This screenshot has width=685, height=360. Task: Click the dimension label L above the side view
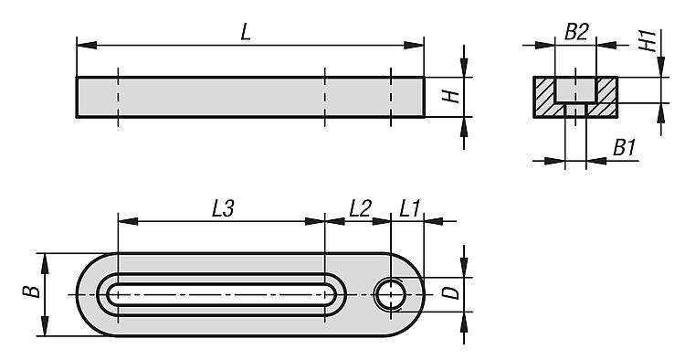click(246, 32)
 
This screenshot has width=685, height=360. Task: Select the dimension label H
click(451, 97)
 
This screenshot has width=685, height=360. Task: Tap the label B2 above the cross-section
click(576, 32)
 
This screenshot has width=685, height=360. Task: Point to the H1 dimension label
click(648, 40)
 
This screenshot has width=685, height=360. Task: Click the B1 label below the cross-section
click(624, 148)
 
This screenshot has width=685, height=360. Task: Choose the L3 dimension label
click(223, 208)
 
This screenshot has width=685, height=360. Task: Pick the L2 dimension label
click(360, 208)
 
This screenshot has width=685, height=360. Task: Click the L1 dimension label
click(409, 208)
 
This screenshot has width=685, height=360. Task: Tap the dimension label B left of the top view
click(31, 291)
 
